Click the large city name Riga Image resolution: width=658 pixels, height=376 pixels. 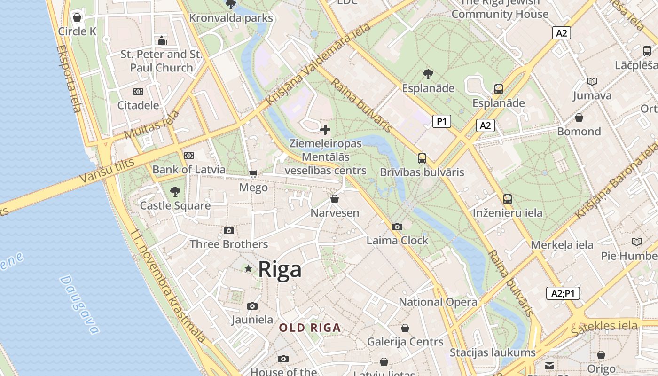[x=280, y=270]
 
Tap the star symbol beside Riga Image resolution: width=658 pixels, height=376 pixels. [x=248, y=269]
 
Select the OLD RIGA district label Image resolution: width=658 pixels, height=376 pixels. [x=310, y=328]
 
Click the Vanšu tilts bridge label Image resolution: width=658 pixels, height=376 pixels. [x=107, y=170]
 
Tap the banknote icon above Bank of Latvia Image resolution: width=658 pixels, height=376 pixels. [x=188, y=156]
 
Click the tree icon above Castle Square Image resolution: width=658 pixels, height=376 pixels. [x=175, y=191]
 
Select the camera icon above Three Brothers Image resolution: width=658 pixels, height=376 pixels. [x=229, y=230]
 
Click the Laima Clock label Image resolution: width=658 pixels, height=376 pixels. [x=397, y=241]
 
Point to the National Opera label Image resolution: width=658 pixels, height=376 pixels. [x=438, y=302]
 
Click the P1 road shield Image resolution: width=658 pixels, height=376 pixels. [x=441, y=121]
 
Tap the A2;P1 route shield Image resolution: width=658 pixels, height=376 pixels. [x=563, y=293]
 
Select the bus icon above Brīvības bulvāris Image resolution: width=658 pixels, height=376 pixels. [x=422, y=158]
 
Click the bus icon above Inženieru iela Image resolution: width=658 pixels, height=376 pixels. [x=508, y=199]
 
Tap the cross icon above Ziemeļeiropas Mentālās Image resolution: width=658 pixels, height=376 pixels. [x=325, y=130]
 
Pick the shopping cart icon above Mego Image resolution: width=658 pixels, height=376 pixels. [x=253, y=174]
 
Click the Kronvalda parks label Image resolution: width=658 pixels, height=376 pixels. [x=231, y=18]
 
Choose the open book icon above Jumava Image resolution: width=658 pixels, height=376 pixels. [x=592, y=82]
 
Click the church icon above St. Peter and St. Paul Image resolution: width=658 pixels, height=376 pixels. [x=162, y=41]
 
